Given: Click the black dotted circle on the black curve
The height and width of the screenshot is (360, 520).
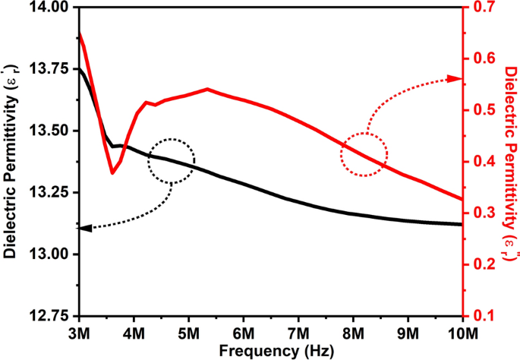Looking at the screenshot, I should [x=172, y=160].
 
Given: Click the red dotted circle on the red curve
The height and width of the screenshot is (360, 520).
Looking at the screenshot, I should [x=364, y=155].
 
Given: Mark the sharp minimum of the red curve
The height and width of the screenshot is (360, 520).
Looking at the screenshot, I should [x=112, y=173].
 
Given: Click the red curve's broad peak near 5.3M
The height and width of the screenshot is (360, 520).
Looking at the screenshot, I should [x=207, y=89].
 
